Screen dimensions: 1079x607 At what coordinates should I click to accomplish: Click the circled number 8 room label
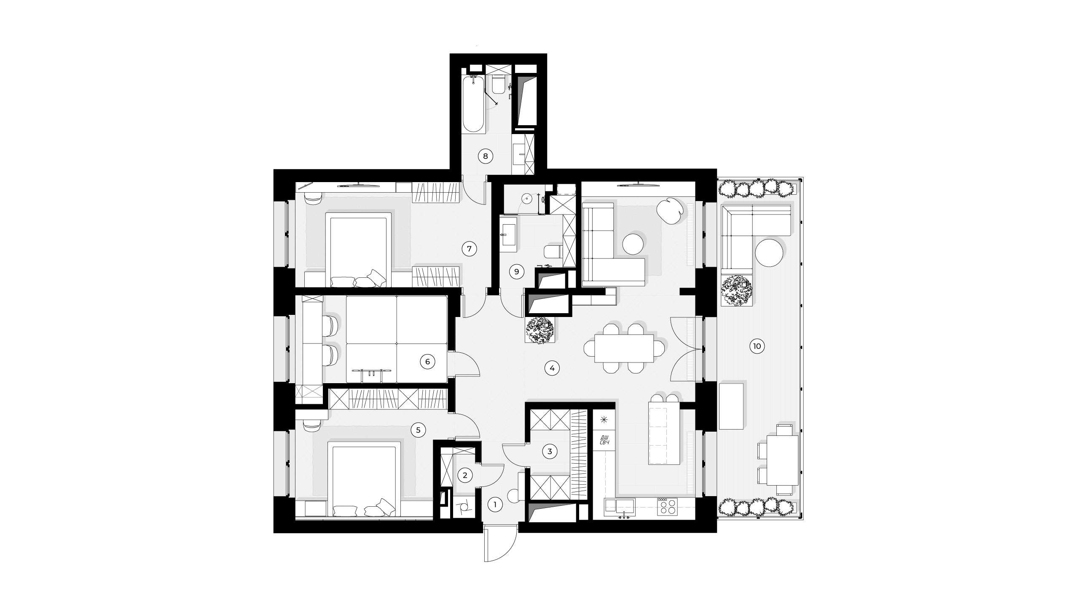coord(485,156)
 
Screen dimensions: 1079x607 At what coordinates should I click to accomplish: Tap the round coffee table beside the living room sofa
coord(633,244)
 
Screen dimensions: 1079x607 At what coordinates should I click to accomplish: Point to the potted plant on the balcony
coord(737,290)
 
